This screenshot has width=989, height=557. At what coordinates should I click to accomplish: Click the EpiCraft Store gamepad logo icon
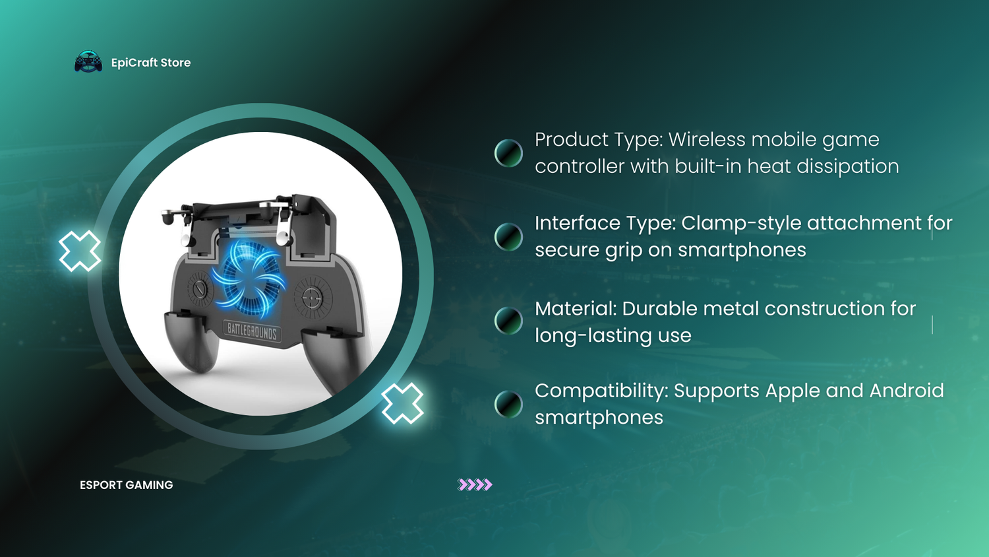coord(88,61)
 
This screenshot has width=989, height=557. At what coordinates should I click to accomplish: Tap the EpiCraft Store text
coord(151,63)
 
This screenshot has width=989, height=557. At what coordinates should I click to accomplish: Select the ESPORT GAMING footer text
coord(127,485)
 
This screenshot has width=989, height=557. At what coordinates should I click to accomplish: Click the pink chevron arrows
coord(475,484)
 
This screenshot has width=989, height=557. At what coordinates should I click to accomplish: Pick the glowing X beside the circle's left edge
coord(80,251)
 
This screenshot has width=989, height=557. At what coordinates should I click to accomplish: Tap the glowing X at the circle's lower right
coord(402,403)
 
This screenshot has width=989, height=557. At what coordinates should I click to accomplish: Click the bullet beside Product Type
coord(508,153)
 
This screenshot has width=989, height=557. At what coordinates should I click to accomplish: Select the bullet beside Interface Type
coord(508,236)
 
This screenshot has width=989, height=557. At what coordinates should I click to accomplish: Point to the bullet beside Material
coord(508,321)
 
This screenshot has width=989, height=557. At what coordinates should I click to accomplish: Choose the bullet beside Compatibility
coord(508,404)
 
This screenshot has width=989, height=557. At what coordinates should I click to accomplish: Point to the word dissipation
coord(848,167)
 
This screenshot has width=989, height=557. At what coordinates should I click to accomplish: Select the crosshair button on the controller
coord(312,297)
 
